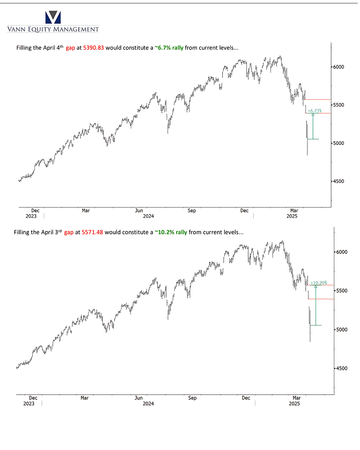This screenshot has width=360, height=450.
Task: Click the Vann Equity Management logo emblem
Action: click(53, 17)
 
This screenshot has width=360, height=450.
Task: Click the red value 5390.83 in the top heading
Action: click(93, 48)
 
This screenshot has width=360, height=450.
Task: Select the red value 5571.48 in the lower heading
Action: click(92, 232)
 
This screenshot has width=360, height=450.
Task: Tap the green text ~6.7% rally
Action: click(169, 48)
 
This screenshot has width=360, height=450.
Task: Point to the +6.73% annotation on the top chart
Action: click(314, 111)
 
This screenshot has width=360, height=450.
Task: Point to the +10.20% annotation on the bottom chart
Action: click(319, 283)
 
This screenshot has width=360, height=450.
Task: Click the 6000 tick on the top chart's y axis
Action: click(338, 67)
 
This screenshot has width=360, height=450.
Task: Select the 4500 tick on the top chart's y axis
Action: click(338, 181)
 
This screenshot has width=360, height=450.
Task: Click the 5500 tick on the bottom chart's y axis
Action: click(342, 291)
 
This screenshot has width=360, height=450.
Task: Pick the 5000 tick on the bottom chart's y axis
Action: click(342, 329)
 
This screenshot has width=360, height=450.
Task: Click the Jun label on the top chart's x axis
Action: click(139, 211)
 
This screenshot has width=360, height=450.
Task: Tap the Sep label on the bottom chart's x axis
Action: click(192, 398)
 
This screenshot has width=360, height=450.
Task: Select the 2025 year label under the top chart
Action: click(292, 216)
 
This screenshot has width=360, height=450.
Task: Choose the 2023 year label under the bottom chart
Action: click(29, 403)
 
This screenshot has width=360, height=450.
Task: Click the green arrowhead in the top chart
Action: click(313, 115)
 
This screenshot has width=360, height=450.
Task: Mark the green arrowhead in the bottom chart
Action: click(316, 286)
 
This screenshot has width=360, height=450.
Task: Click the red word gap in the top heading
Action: click(70, 48)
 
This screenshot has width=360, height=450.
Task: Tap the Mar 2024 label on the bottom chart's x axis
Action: click(85, 398)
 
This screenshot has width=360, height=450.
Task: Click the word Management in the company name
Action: click(76, 29)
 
